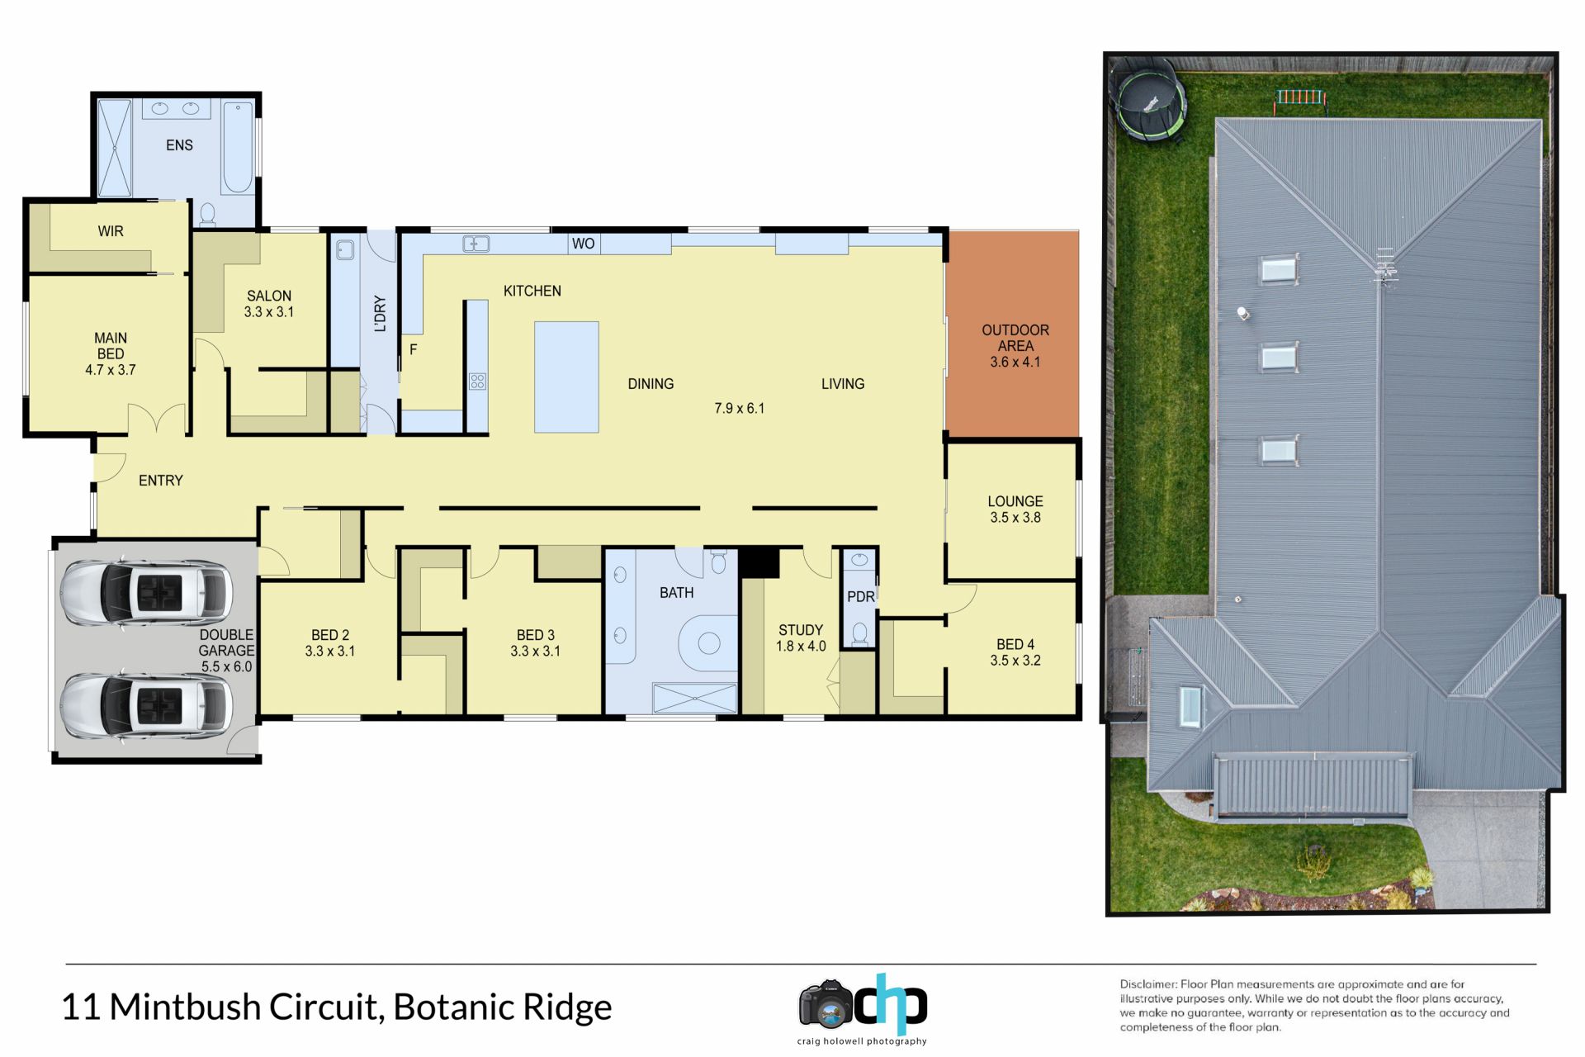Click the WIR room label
[111, 231]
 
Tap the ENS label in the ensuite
[179, 145]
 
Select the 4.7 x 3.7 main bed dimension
[111, 370]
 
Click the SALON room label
[269, 296]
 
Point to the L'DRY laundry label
[380, 314]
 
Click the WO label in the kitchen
[583, 244]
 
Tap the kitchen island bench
[566, 377]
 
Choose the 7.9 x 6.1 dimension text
[740, 408]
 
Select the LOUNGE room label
[1015, 501]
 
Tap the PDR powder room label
[860, 597]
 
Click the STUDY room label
[801, 630]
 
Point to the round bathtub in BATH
[709, 643]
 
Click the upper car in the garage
[147, 593]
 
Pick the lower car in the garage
[147, 706]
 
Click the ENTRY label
[161, 481]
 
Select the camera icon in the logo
[825, 1004]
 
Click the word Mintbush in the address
[185, 1007]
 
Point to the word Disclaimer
[1147, 984]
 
